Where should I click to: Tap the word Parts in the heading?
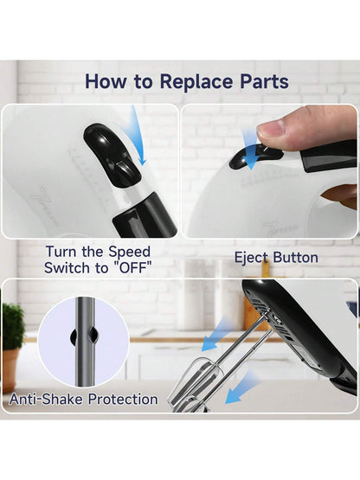point(264,81)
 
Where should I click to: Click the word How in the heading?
point(106,81)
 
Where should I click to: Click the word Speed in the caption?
point(129,253)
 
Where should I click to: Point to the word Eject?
point(251,258)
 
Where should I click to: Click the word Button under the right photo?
point(295,257)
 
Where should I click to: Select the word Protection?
point(123,400)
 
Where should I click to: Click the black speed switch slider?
point(112,155)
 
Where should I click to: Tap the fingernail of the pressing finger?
point(272,130)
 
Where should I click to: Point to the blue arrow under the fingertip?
point(251,150)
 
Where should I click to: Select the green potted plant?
point(13,327)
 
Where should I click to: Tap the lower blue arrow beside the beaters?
point(241,387)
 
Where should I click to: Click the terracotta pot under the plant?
point(10,371)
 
